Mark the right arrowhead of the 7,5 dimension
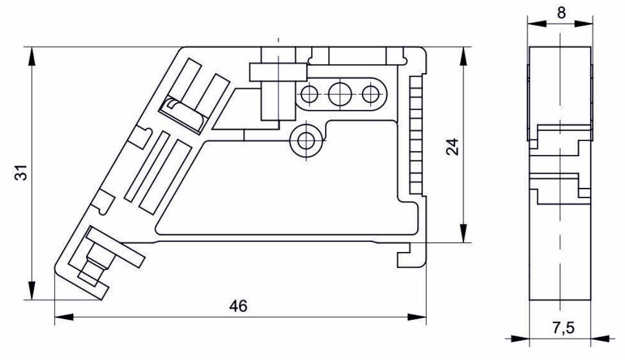click(x=601, y=338)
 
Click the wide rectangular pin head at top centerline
click(x=278, y=72)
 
